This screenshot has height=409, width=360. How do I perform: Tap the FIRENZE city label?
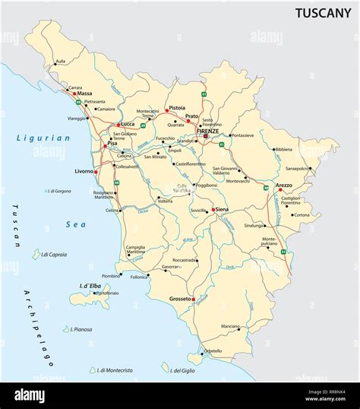tap(207, 132)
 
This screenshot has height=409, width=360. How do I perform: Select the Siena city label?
tap(222, 208)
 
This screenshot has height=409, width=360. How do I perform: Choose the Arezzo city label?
tap(284, 185)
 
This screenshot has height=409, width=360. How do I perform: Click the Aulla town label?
tap(61, 61)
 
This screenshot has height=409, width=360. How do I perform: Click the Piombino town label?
tap(111, 276)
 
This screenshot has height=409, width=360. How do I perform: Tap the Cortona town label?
tap(302, 214)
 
